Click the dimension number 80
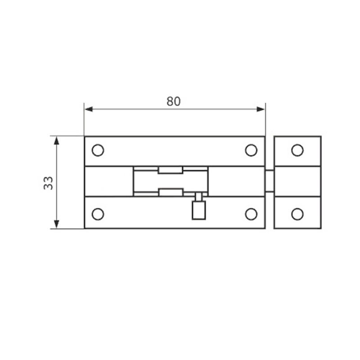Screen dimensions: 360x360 (x=174, y=102)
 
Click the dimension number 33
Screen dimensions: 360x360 (x=48, y=183)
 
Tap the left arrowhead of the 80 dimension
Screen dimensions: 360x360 (x=89, y=109)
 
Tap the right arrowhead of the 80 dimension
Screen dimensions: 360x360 (x=261, y=109)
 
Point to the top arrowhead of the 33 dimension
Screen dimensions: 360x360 (x=57, y=140)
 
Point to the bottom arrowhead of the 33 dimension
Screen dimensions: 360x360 (x=57, y=224)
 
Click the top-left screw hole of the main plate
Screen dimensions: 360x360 (x=98, y=150)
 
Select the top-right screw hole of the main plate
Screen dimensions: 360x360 (x=251, y=150)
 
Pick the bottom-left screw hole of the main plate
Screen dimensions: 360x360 (x=98, y=214)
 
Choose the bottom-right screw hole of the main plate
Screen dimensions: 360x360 (x=251, y=214)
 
